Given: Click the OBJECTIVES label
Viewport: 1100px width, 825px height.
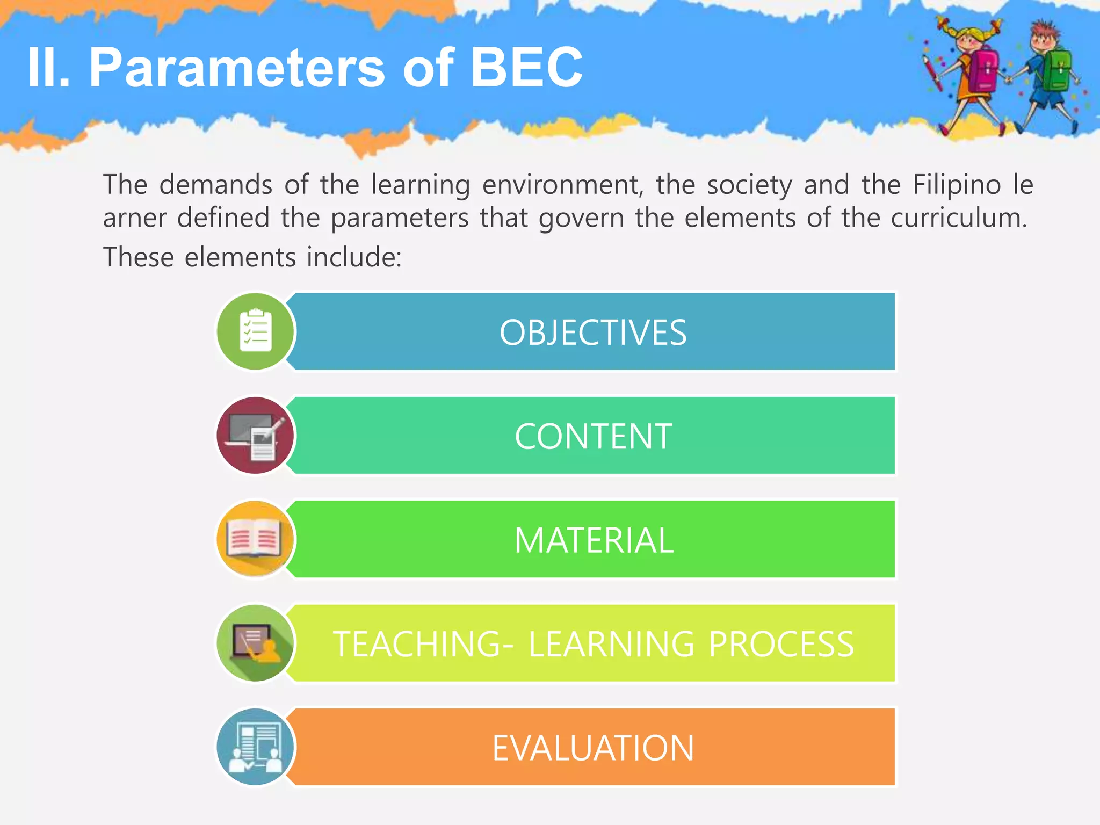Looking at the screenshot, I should (593, 332).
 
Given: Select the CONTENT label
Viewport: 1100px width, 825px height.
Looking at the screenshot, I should (593, 436).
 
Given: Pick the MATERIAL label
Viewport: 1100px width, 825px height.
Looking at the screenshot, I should (594, 540).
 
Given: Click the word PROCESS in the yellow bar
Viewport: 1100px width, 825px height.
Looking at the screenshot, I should (781, 644).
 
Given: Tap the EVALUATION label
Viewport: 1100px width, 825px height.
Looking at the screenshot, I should (593, 748).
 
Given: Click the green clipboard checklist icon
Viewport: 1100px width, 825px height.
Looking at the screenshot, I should (256, 331).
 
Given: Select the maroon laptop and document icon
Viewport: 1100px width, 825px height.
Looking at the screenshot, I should (256, 436).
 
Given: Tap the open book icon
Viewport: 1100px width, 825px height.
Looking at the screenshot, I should (256, 539).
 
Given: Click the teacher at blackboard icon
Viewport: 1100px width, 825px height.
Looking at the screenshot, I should (256, 643).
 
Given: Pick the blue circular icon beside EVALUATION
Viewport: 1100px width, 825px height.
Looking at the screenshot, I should (256, 747).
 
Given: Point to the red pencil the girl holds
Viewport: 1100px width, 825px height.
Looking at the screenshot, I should (932, 73).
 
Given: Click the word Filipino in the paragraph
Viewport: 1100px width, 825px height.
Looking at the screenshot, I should (957, 185).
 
